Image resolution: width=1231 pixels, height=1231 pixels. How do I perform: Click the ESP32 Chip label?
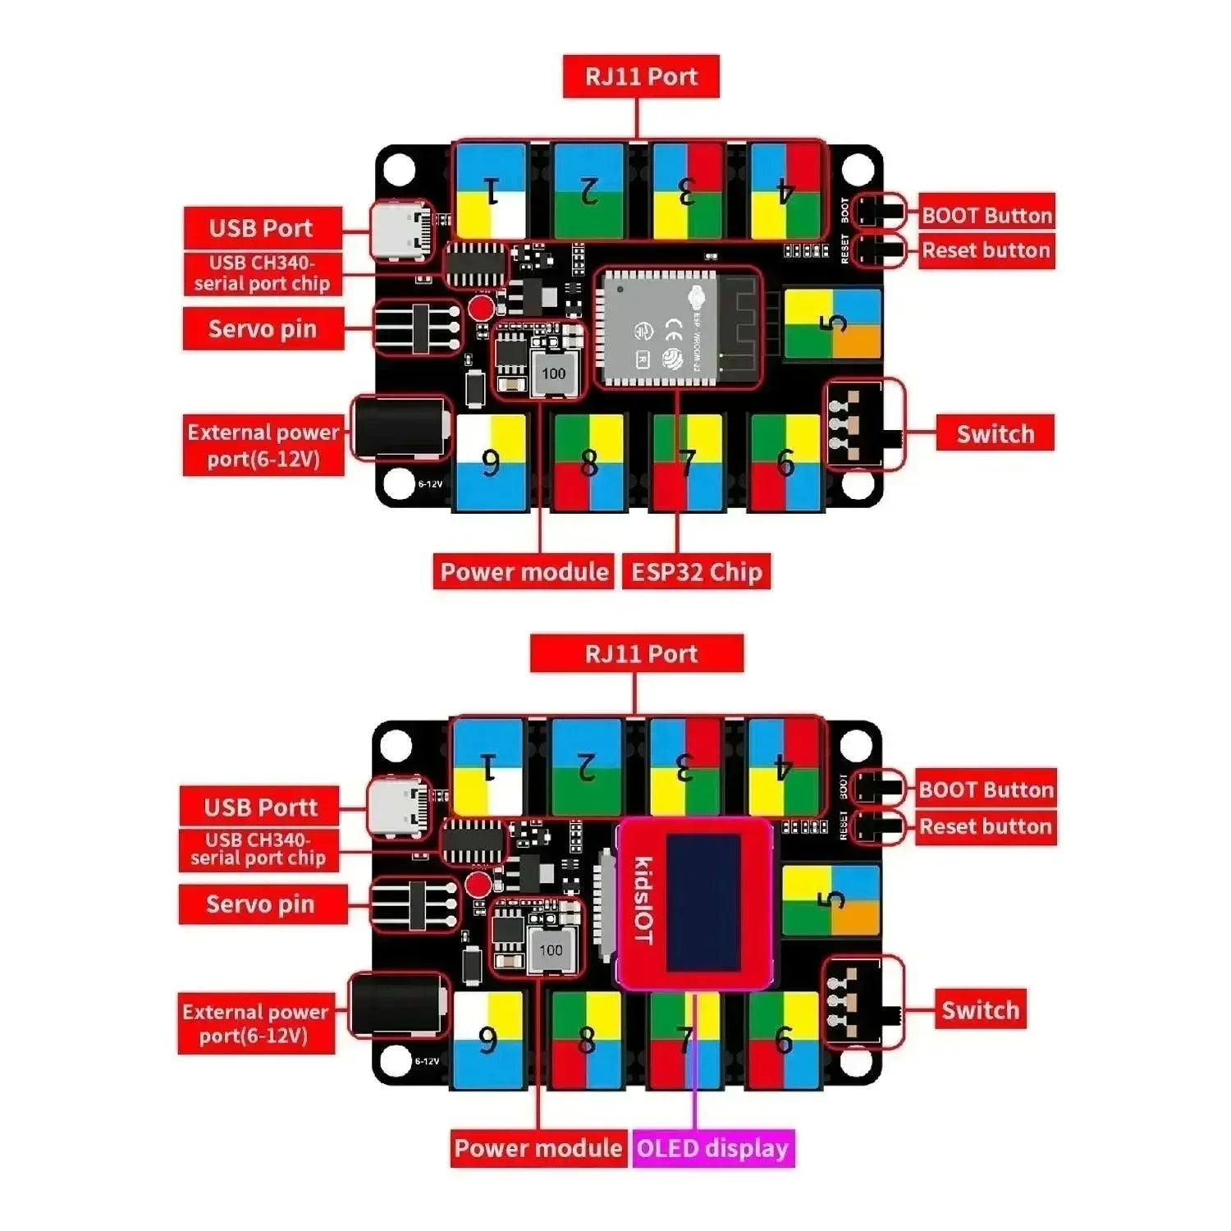coord(696,571)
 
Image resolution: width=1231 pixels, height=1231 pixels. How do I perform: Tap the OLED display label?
coord(712,1147)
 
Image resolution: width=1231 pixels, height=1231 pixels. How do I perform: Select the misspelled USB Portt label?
coord(260,807)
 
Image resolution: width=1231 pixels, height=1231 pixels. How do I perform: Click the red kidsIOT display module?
coord(694,903)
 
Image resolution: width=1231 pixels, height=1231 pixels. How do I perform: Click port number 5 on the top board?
coord(832,323)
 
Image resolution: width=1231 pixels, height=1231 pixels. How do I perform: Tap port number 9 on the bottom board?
coord(488,1040)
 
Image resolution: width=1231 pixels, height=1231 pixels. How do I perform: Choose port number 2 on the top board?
coord(588,190)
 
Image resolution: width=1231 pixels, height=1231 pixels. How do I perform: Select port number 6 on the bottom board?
coord(784,1040)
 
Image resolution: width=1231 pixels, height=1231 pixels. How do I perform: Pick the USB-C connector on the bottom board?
coord(399,807)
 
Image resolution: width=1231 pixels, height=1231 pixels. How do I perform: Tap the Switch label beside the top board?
coord(995,433)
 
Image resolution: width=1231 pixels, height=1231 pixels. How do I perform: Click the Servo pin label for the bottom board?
coord(261,904)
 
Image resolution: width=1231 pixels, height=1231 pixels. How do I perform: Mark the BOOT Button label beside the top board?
coord(986,215)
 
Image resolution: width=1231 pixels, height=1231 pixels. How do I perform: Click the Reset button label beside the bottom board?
coord(985,826)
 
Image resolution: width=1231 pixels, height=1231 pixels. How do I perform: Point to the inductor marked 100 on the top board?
coord(553,374)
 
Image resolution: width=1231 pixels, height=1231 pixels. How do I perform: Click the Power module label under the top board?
coord(524,571)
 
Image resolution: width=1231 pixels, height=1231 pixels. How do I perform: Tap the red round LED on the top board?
coord(481,308)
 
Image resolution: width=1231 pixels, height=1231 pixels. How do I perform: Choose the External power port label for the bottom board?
coord(256,1023)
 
